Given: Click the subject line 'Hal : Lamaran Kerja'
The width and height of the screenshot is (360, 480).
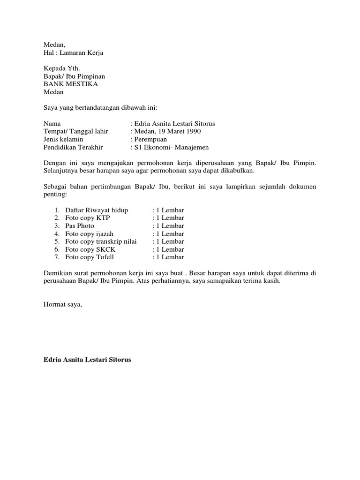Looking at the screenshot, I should [x=73, y=53].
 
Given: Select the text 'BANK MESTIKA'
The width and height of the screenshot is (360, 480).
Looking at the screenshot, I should [x=71, y=84].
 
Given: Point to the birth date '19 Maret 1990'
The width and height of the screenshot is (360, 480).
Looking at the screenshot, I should [x=180, y=132].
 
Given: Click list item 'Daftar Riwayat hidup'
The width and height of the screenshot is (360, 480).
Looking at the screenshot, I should [x=97, y=210].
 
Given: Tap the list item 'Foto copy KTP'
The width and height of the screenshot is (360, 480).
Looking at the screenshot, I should [x=87, y=218].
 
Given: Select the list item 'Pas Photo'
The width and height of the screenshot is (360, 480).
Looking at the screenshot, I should [x=80, y=226].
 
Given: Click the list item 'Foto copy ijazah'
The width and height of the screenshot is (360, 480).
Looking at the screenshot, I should [x=89, y=234].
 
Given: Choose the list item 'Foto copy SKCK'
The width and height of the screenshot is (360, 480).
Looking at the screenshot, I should [x=90, y=249].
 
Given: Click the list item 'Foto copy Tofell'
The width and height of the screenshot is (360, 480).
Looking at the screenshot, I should [x=90, y=257].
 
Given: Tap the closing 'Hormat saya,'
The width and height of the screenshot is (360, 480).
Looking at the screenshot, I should [x=62, y=305].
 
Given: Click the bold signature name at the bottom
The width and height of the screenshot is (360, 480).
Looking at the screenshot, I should [x=88, y=360].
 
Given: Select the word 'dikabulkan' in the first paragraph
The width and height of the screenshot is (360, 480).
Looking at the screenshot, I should [x=237, y=171].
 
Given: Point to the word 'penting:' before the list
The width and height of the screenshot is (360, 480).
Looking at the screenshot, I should [x=55, y=195].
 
